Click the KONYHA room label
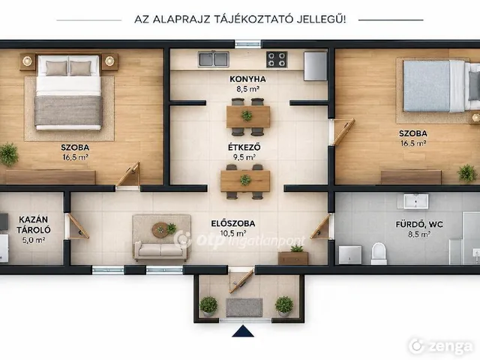point(247,79)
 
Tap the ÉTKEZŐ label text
point(244,147)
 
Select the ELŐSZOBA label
point(233,223)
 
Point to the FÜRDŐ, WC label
point(419,224)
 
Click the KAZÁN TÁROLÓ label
point(33,224)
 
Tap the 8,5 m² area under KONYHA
point(247,89)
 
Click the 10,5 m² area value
point(233,233)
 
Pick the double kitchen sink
point(213,59)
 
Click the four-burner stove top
point(277,59)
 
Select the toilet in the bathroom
point(379,253)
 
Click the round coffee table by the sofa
point(160,229)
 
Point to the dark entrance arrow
point(243,331)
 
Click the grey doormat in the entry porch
point(244,307)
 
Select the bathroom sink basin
point(415,202)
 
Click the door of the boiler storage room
point(78,226)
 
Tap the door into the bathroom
point(322,226)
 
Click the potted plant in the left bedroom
point(8,154)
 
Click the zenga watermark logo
point(441,346)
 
